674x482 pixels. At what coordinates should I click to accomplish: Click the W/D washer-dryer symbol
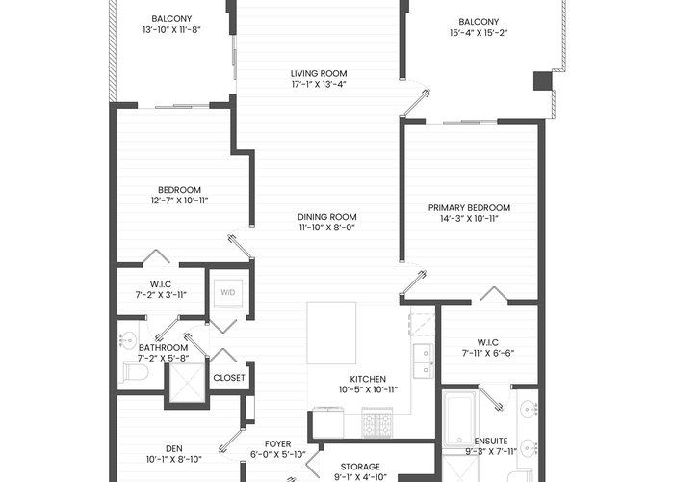point(228,293)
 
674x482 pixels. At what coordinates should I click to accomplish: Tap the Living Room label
point(319,74)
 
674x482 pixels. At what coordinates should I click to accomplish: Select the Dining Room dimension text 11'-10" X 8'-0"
point(327,228)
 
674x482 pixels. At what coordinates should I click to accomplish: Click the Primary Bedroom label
point(470,208)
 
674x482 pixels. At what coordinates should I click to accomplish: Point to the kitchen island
point(331,333)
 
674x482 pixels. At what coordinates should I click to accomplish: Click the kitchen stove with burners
point(376,422)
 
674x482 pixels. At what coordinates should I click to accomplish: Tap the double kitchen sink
point(424,361)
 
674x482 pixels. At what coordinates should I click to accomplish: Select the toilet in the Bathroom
point(135,372)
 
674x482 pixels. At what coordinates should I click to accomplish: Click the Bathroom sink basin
point(127,340)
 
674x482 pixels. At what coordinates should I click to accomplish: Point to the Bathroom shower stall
point(187,383)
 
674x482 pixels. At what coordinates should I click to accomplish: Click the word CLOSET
point(229,378)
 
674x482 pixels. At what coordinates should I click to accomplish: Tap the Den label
point(174,449)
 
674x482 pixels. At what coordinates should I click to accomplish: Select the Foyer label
point(277,444)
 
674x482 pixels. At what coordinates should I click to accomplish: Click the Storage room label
point(360,467)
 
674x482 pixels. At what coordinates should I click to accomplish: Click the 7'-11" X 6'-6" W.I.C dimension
point(488,354)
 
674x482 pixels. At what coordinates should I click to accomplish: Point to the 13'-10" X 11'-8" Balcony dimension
point(172,30)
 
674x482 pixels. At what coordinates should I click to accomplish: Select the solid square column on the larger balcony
point(542,81)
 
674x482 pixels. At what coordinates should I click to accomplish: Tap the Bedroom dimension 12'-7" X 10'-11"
point(180,201)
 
